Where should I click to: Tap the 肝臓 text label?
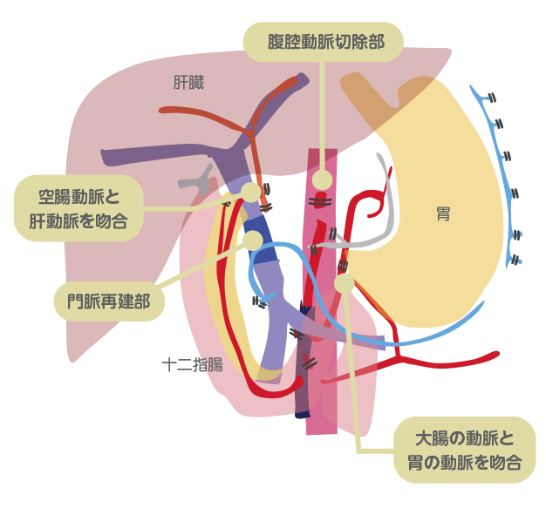coord(188,84)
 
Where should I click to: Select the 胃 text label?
coord(443,213)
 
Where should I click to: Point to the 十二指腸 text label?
coord(192,364)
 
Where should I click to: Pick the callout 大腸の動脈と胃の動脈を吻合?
coord(464,450)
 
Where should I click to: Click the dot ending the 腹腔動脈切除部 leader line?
coord(322,180)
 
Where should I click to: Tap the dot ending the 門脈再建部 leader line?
coord(253,240)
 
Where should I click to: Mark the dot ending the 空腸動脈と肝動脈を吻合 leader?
coord(250,192)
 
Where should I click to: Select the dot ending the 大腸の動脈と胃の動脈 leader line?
coord(344,283)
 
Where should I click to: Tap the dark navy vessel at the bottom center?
coord(303,392)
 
